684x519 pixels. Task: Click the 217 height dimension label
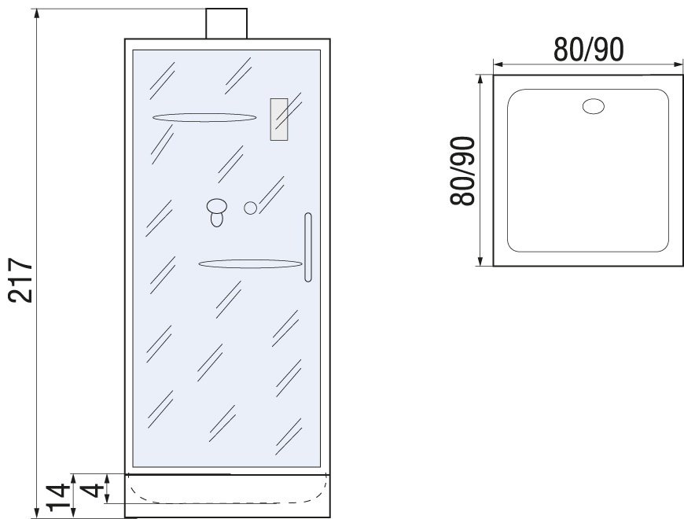[21, 281]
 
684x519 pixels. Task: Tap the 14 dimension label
[59, 497]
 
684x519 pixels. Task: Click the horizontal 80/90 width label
[588, 50]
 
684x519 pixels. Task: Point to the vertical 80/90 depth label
[462, 171]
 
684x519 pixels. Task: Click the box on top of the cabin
[226, 24]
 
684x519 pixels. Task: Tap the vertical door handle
[308, 247]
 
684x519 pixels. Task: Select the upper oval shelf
[204, 118]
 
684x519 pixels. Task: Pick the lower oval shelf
[250, 264]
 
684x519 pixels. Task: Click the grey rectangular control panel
[279, 120]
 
